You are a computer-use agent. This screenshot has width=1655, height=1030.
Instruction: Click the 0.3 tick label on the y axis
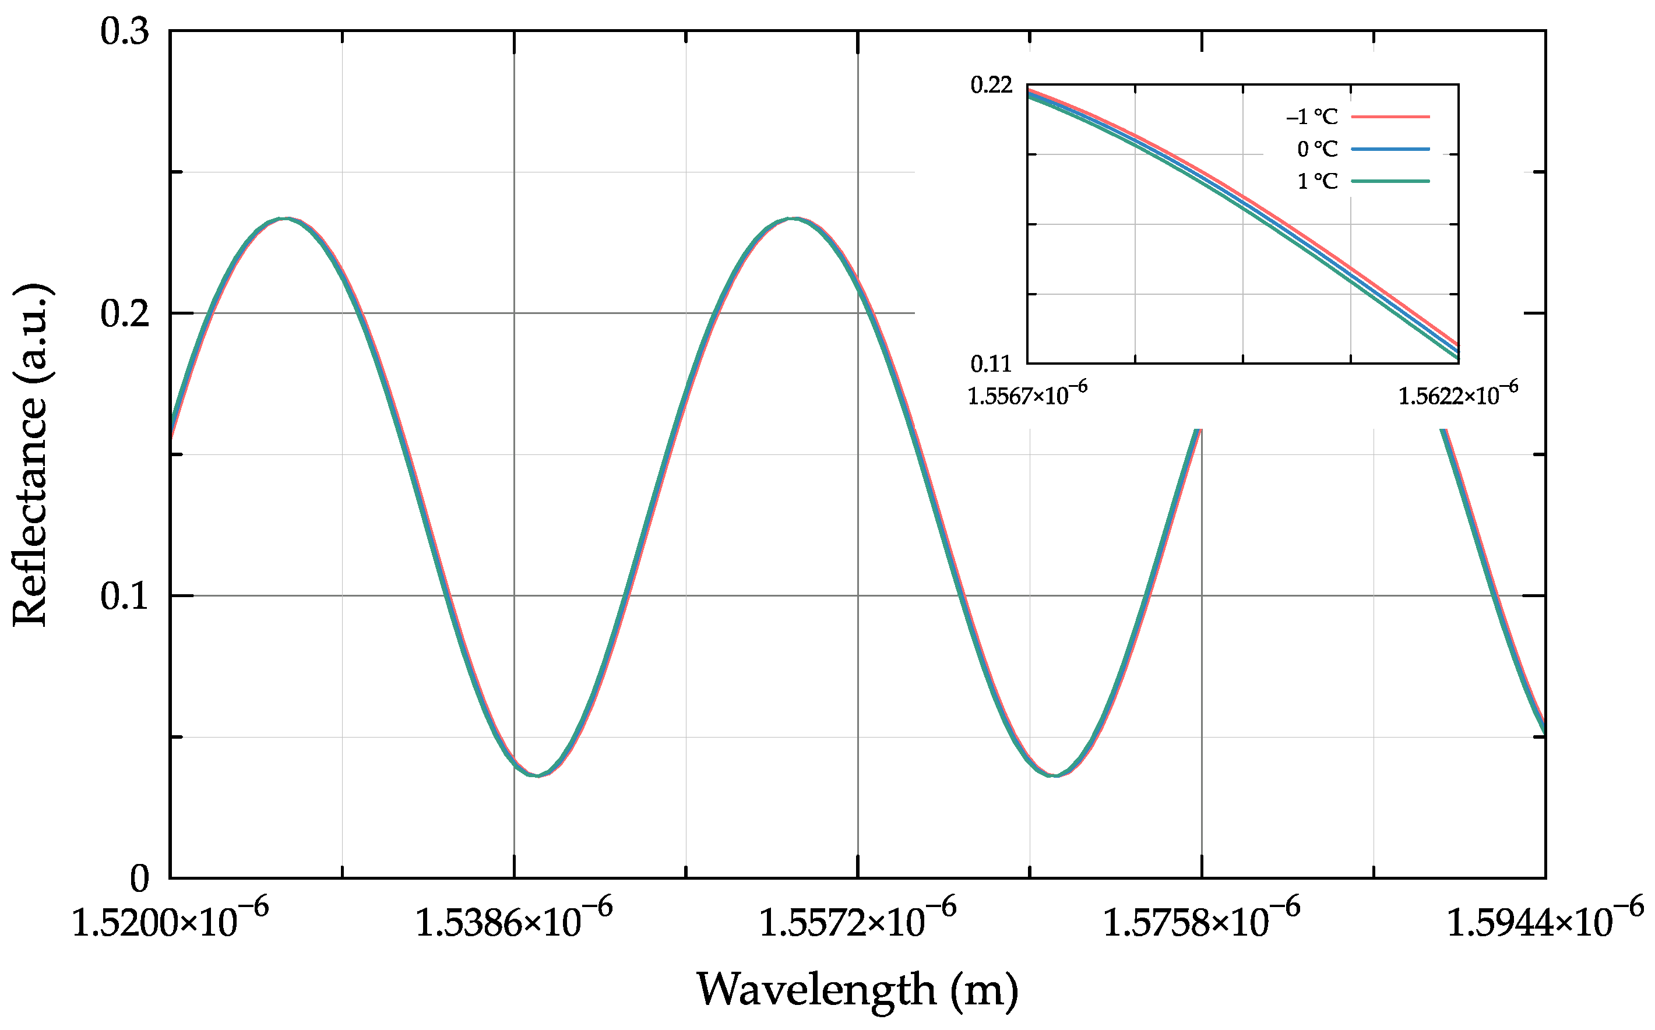125,32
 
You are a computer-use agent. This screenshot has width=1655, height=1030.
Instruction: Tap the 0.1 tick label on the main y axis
125,597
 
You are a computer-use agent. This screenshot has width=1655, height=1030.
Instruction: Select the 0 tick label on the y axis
139,880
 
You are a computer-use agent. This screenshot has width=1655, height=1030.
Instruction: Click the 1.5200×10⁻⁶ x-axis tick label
170,921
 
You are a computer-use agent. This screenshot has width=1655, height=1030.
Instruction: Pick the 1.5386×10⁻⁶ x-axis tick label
514,921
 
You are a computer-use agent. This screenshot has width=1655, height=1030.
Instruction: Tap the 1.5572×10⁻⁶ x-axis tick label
857,921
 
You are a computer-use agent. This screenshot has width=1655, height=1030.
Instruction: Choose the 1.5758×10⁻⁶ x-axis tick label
1201,921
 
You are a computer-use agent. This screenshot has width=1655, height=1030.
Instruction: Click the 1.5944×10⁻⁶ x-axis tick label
1544,921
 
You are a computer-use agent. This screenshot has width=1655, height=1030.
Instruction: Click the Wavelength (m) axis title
857,990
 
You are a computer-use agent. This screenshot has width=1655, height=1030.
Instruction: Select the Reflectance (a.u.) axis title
31,454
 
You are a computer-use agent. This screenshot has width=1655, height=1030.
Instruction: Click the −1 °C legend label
1312,117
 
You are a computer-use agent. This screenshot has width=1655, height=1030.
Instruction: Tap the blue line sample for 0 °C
1390,149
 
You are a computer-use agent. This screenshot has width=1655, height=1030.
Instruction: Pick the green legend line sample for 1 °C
1390,181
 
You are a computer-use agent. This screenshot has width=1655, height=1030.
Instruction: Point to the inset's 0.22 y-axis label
991,86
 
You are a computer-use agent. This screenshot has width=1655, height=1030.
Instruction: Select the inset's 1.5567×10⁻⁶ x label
1027,394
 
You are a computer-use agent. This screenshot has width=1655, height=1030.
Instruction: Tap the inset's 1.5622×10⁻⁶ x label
1458,394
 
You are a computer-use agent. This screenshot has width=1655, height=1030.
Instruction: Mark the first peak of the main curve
287,218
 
